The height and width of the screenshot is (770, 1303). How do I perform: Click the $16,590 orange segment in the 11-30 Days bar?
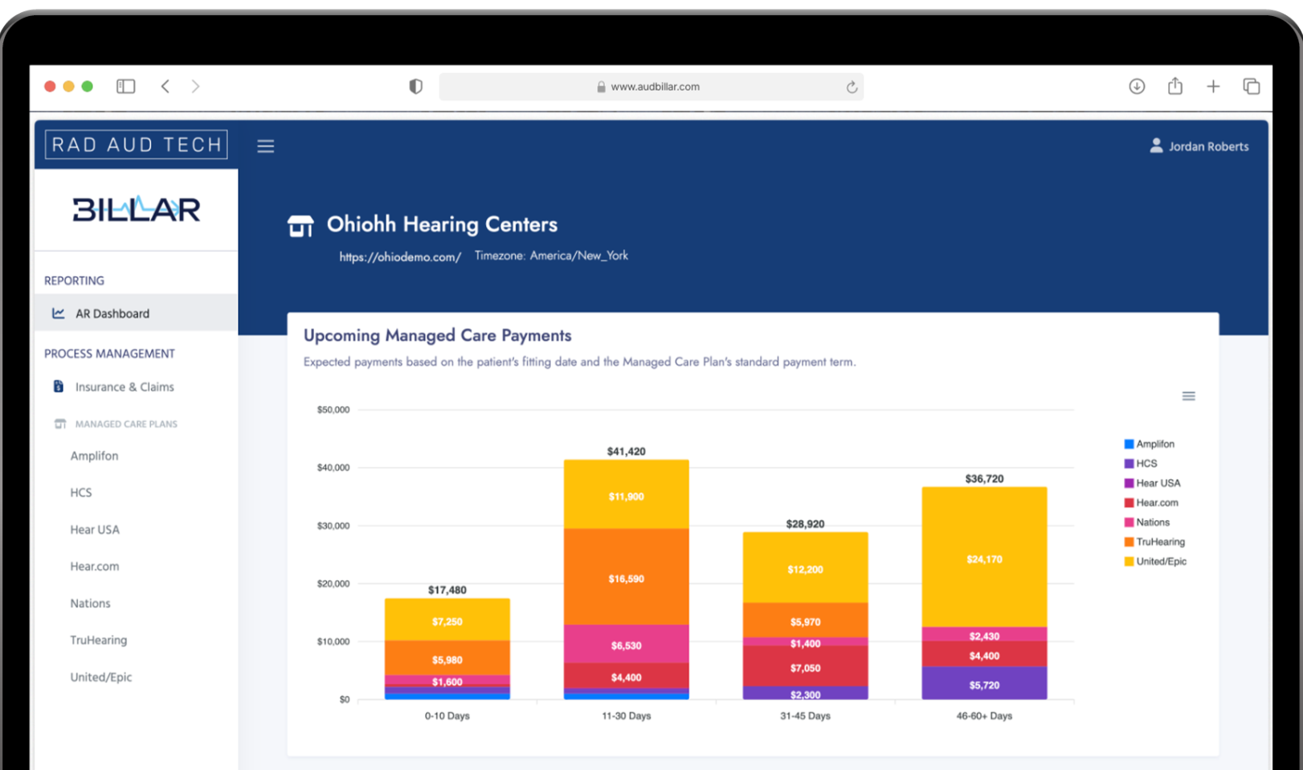(626, 577)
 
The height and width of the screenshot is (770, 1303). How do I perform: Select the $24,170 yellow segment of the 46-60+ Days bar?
(984, 558)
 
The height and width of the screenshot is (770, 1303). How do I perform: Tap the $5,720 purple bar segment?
(984, 684)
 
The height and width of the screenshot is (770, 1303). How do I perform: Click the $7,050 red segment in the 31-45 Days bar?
(805, 667)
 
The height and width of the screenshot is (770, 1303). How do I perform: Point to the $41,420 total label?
(626, 452)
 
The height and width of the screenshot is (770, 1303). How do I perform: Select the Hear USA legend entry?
(1158, 483)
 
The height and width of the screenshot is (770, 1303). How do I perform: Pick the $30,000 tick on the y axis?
(333, 526)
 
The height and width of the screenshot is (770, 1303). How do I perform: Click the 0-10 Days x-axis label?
(447, 716)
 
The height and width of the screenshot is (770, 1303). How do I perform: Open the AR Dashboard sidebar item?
(112, 313)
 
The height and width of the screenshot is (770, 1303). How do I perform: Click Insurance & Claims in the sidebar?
(125, 387)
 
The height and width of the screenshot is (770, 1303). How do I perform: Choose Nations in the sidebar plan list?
(90, 604)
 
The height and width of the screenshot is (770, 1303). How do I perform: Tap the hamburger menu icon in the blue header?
(266, 146)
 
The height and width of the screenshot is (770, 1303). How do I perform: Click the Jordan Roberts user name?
(1208, 146)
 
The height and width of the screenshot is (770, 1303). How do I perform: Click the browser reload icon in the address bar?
(852, 87)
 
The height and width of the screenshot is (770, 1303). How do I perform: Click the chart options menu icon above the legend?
(1189, 396)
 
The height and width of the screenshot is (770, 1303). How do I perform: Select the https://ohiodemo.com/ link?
(400, 257)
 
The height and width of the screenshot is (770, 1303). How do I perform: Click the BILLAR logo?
(136, 210)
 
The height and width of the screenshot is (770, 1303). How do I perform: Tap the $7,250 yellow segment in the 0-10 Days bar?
(447, 621)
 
